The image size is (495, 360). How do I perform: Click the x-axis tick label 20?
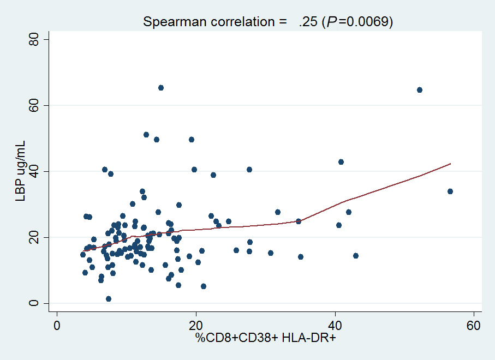[x=195, y=325]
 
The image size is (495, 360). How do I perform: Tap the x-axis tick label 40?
[x=335, y=325]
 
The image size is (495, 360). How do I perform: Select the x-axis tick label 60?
[x=474, y=325]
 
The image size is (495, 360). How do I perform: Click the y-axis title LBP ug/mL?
[x=20, y=171]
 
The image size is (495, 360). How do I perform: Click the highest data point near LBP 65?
[x=161, y=88]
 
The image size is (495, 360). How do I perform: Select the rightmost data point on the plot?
[x=450, y=191]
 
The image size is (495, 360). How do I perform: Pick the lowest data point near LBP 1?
[x=109, y=299]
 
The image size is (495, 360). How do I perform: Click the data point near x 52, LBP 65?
[x=420, y=90]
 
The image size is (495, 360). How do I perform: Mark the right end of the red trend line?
[x=451, y=164]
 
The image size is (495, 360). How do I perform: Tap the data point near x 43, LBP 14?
[x=356, y=256]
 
